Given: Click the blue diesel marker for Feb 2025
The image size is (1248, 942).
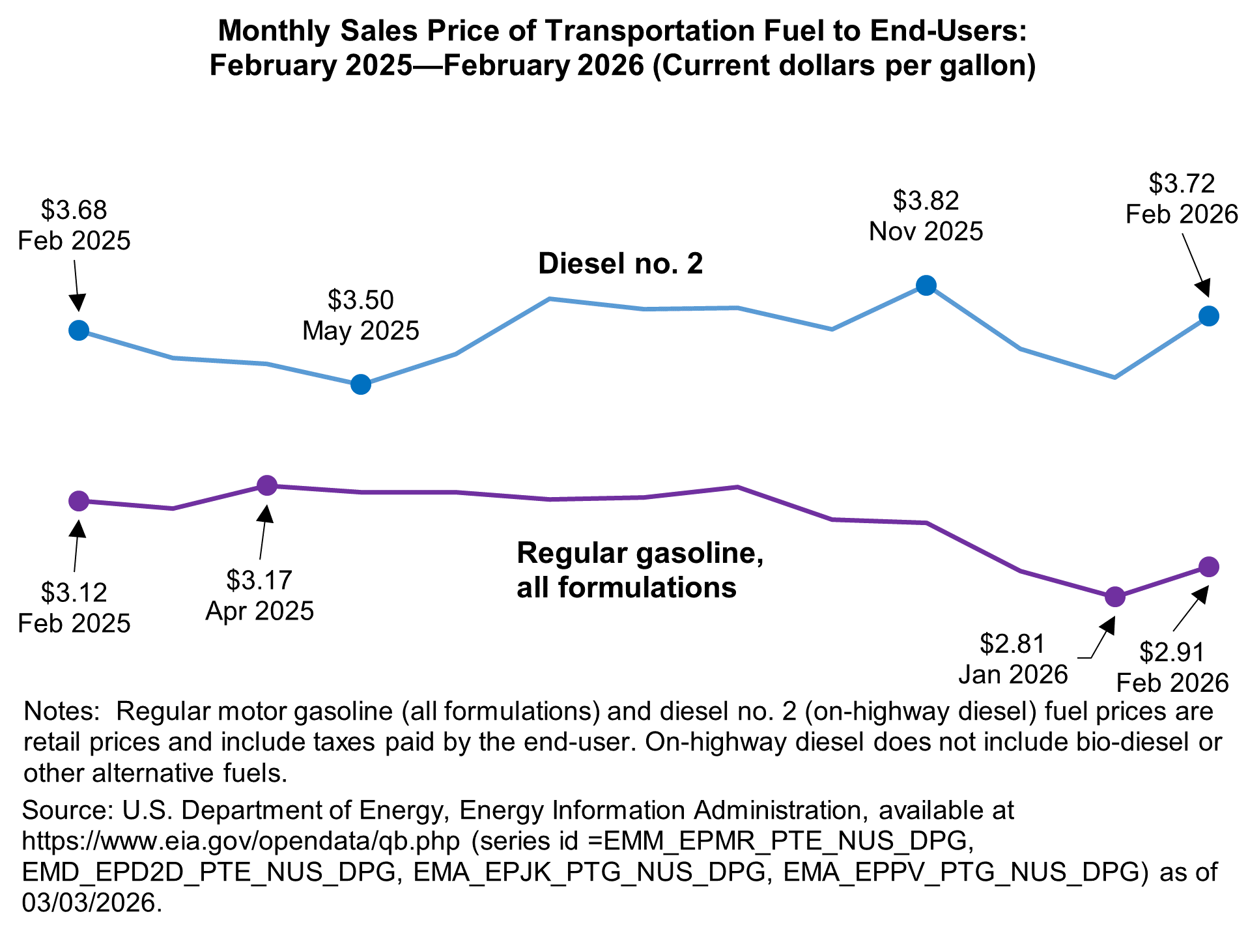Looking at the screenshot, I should pos(78,330).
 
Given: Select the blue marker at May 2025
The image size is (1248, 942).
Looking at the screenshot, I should pos(361,384).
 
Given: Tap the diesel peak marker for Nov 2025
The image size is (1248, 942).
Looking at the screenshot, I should pos(926,285).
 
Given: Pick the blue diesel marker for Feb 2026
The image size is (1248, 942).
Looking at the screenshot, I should pos(1208,316).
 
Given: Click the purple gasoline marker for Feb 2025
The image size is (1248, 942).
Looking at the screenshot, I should pos(78,501).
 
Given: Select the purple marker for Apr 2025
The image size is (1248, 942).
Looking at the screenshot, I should pos(267,485).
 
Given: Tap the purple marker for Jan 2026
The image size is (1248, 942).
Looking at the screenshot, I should pos(1114,597).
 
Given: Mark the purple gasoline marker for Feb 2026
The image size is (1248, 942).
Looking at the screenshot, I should pos(1208,567).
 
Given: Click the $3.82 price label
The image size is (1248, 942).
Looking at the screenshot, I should pos(926,201).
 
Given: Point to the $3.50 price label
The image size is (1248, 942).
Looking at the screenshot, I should pos(360,300).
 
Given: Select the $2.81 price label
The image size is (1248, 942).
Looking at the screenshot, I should pos(1012,644).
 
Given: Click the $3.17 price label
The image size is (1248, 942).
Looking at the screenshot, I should pos(259,580).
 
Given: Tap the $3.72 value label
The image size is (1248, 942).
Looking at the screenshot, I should pos(1181,184).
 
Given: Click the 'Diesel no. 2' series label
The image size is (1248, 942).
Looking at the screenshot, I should pos(620,264).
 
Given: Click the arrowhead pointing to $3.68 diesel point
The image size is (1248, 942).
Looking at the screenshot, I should pos(78,303).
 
